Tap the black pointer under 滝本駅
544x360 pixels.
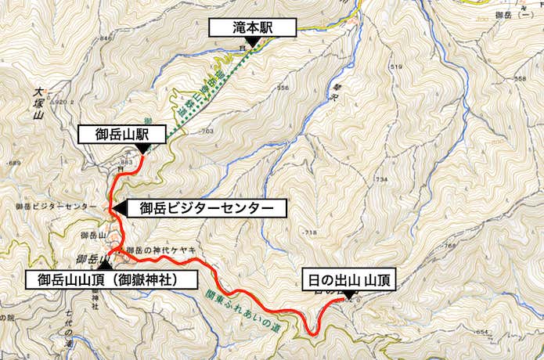(252, 42)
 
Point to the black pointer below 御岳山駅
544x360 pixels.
(142, 149)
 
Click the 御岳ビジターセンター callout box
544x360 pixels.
(206, 208)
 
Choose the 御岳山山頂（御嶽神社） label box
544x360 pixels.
(110, 279)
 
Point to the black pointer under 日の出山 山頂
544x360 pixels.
(348, 293)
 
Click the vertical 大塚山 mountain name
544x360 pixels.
(37, 104)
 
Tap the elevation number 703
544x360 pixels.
(207, 131)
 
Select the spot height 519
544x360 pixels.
(394, 68)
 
